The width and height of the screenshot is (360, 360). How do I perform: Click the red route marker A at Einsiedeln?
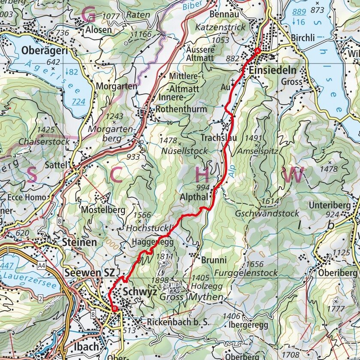[257, 51]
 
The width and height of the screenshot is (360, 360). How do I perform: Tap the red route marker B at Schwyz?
[114, 308]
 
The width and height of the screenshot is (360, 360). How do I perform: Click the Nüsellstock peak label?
[185, 151]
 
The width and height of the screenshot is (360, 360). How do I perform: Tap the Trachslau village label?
[217, 138]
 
